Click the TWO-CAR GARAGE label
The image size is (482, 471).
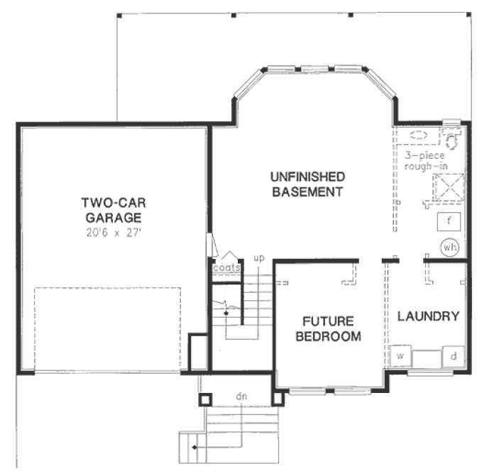tap(112, 211)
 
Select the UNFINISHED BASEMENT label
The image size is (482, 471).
tap(307, 184)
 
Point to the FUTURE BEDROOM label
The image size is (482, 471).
tap(329, 328)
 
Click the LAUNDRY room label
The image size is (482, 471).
tap(427, 316)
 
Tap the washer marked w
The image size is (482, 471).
tap(400, 355)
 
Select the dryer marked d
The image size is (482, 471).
tap(454, 355)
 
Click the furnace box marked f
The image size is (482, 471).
tap(449, 221)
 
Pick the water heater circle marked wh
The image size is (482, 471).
tap(449, 248)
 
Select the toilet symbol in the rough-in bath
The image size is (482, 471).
tap(452, 136)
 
